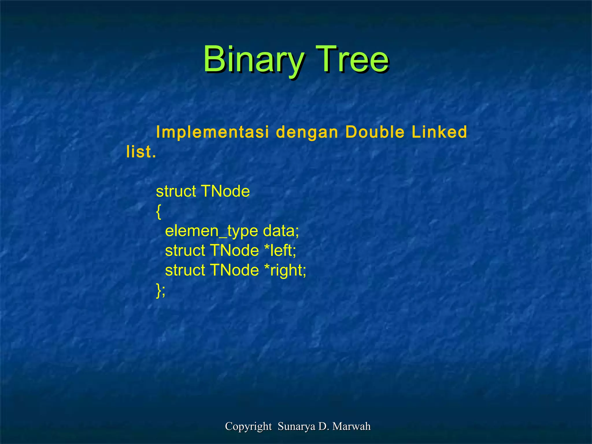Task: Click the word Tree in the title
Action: tap(352, 59)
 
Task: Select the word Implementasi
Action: tap(212, 132)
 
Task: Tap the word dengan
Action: tap(307, 133)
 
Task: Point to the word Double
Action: tap(375, 132)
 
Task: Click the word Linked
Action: tap(439, 132)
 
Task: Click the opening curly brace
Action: tap(158, 212)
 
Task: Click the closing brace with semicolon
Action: tap(161, 290)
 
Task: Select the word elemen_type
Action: tap(211, 231)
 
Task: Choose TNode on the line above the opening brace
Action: tap(225, 191)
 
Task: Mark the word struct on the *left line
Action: tap(185, 250)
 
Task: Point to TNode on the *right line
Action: tap(234, 270)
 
